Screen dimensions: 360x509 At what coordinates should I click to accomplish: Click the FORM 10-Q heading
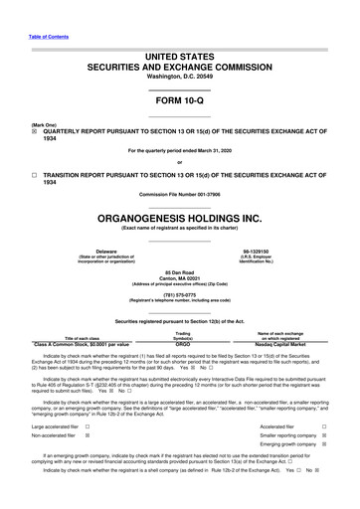[x=179, y=101]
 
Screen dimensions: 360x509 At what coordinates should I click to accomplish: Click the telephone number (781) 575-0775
[x=179, y=294]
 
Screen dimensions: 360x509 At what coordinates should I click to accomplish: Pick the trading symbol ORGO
[x=183, y=343]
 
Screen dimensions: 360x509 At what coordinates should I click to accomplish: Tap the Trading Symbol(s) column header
[x=183, y=335]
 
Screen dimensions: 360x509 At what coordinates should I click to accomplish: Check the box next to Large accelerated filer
[x=87, y=424]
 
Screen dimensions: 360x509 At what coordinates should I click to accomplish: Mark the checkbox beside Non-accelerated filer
[x=87, y=435]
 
